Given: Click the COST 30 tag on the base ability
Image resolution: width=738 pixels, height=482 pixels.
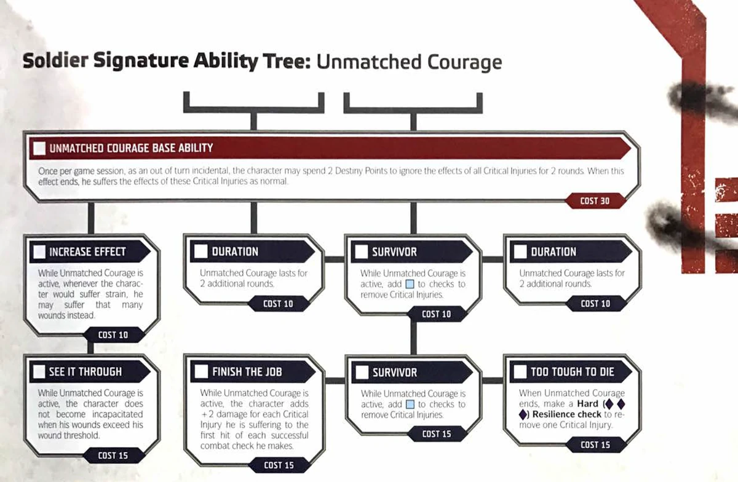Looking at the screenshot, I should coord(594,201).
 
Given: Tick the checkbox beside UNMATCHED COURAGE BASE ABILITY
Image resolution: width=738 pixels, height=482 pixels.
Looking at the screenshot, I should coord(39,148).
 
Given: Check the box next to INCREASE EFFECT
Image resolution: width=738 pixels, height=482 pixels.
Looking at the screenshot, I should coord(40,251).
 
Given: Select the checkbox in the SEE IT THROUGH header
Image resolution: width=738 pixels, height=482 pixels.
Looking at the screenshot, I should coord(40,371).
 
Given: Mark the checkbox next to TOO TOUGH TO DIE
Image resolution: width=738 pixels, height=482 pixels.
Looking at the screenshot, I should coord(520,371).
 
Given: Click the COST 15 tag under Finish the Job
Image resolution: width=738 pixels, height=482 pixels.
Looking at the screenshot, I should coord(279,465).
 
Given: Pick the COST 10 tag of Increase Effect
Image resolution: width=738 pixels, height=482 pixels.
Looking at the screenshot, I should coord(113,335).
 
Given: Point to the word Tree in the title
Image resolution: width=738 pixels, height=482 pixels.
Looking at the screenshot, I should coord(292,62).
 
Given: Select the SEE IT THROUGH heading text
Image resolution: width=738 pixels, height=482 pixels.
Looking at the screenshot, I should coord(85,371).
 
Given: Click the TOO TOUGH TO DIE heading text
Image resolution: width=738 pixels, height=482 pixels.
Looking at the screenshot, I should coord(573,371).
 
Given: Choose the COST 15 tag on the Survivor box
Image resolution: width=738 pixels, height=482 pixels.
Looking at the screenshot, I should coord(436,434).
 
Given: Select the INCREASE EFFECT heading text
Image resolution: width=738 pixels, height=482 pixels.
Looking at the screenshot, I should coord(87,251).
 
